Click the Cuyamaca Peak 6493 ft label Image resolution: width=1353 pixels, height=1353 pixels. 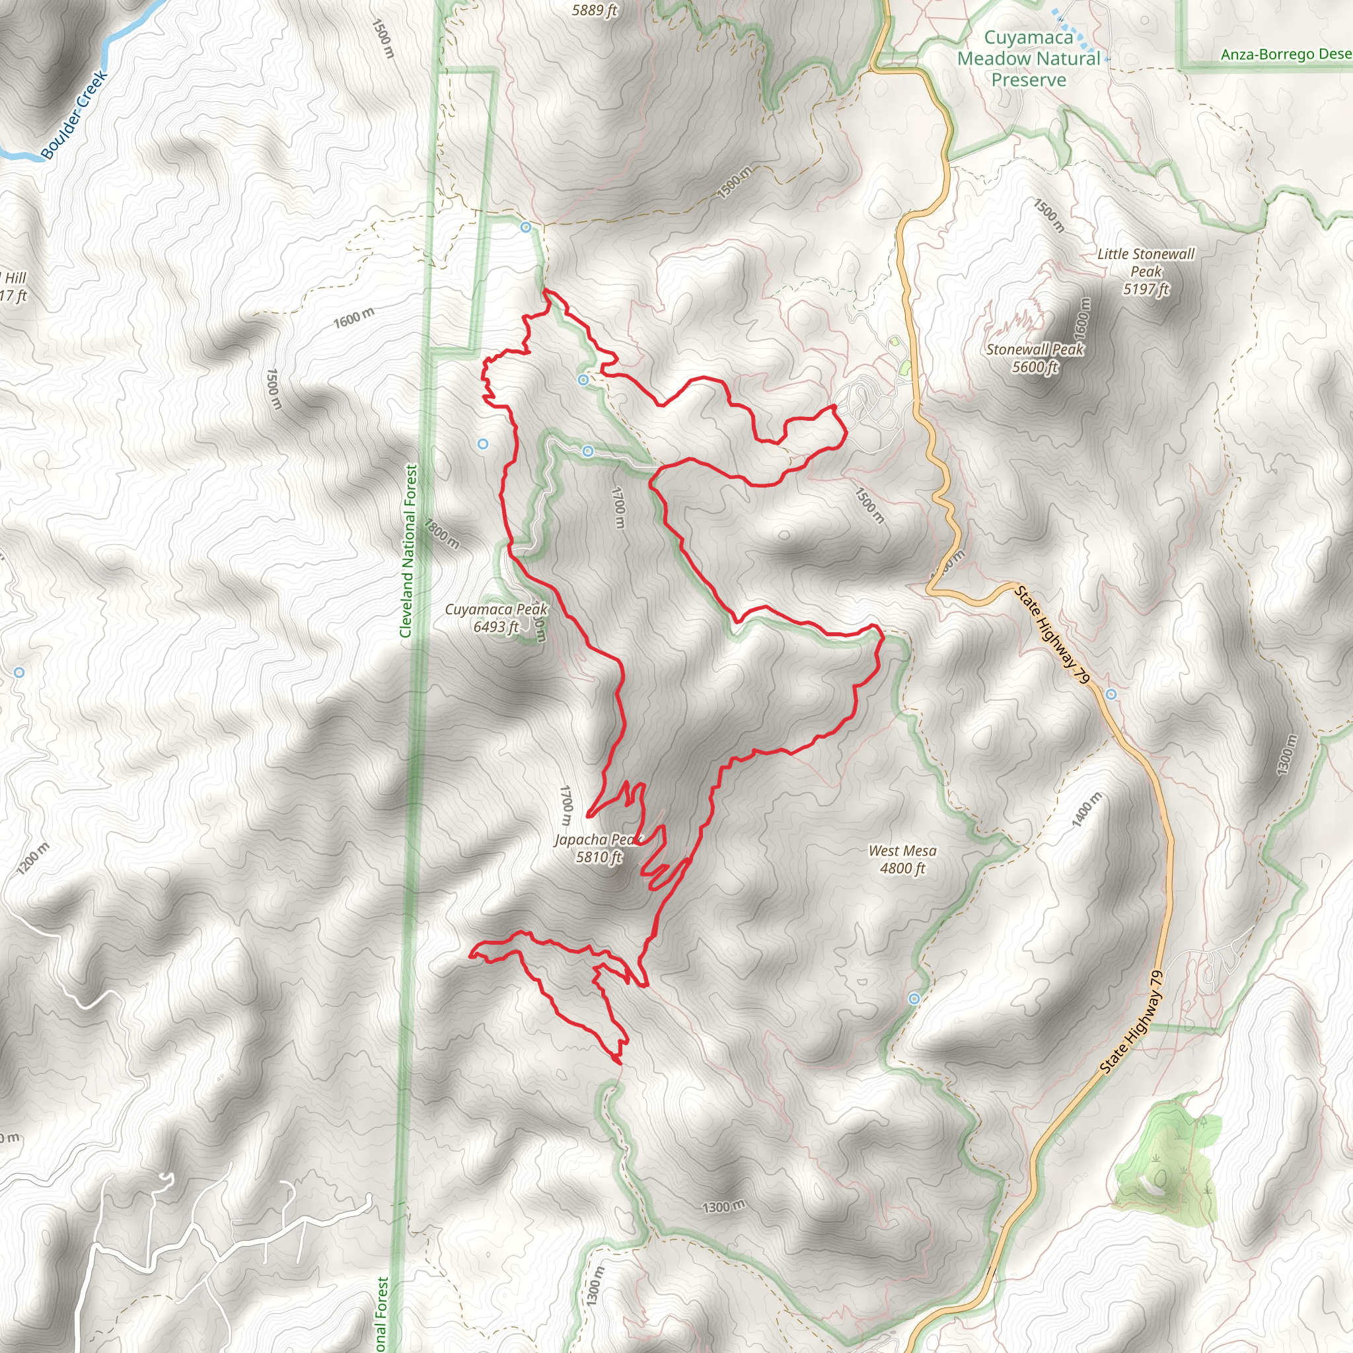click(496, 618)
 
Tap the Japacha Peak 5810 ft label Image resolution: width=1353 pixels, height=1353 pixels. click(597, 848)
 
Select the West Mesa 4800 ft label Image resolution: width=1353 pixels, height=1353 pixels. click(902, 859)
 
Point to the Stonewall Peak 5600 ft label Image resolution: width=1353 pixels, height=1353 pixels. click(1035, 358)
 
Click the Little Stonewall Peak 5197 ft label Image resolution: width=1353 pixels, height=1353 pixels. click(1146, 271)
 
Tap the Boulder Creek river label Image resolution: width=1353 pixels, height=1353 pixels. click(73, 115)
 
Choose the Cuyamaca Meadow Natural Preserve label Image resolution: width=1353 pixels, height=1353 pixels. click(1028, 59)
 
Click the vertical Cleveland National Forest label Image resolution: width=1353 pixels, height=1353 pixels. click(408, 551)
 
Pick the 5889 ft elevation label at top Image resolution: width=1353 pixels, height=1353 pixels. click(595, 10)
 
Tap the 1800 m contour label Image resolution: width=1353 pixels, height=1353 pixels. click(441, 536)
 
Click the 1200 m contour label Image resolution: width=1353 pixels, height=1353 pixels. click(33, 859)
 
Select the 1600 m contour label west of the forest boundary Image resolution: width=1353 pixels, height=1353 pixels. click(353, 318)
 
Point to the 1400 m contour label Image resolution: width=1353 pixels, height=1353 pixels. click(1087, 809)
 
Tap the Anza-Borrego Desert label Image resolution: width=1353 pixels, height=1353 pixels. click(1286, 55)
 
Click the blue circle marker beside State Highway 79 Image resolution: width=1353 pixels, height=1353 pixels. click(1111, 694)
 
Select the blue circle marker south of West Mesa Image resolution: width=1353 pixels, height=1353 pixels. click(914, 999)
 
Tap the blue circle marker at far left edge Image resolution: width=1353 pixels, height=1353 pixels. click(20, 673)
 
